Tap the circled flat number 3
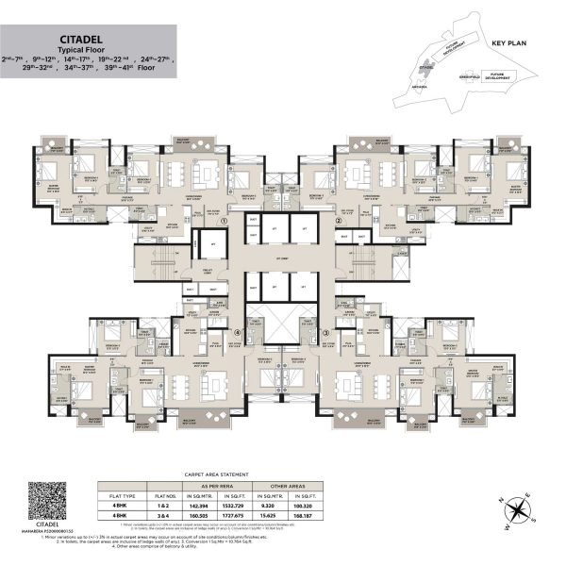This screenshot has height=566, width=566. [325, 332]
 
